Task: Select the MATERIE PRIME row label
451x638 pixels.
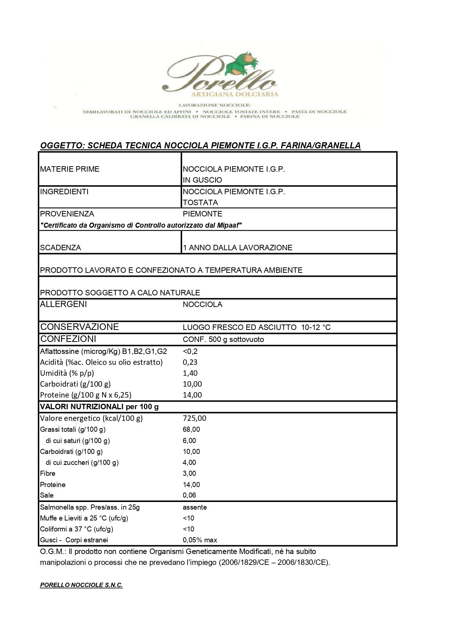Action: point(70,169)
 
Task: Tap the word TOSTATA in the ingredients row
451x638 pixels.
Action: point(200,203)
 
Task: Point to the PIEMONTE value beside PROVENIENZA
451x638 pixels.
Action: point(202,214)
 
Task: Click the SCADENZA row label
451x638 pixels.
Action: point(61,248)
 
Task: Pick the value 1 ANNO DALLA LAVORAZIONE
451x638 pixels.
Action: point(238,248)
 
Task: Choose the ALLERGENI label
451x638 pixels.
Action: point(64,304)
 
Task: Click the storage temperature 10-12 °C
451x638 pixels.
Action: point(316,327)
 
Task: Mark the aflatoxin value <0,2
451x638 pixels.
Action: point(190,351)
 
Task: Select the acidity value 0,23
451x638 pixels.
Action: point(190,362)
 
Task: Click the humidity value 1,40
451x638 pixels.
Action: point(190,373)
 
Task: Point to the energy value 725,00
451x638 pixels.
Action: point(194,418)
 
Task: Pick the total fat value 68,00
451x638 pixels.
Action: point(192,430)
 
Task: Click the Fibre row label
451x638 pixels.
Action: point(48,474)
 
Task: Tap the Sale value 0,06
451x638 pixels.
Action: point(189,495)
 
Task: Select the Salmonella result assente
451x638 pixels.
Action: point(195,507)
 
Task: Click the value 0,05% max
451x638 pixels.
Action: point(200,540)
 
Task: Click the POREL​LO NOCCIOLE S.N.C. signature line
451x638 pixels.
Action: point(81,585)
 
